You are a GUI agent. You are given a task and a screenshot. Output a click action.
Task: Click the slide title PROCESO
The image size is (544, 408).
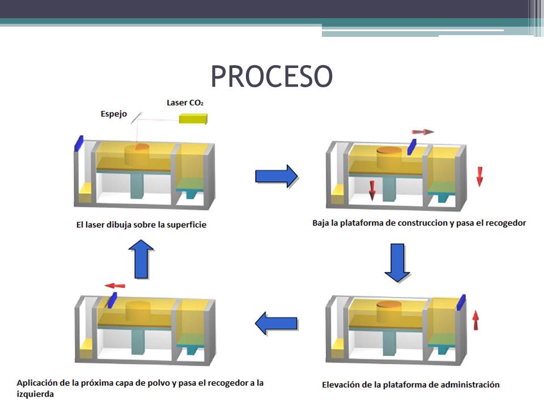(x=271, y=76)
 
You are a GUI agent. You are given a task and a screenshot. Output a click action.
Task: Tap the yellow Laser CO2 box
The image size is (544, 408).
(x=193, y=118)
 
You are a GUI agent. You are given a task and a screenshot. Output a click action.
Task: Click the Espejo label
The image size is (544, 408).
(x=113, y=114)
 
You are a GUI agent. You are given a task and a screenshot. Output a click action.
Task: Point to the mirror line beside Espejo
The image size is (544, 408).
(x=136, y=116)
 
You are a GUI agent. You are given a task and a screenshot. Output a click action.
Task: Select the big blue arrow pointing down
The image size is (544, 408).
(x=397, y=262)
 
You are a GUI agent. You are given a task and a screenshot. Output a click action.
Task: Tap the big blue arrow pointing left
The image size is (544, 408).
(x=276, y=324)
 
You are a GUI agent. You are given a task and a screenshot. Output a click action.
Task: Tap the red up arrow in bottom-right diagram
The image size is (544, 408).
(x=475, y=320)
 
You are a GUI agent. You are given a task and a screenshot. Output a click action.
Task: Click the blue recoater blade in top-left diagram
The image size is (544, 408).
(x=79, y=143)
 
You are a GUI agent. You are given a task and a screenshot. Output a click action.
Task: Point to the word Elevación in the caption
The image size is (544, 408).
(x=341, y=385)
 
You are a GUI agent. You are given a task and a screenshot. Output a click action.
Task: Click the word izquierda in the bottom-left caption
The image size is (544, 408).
(x=35, y=394)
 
